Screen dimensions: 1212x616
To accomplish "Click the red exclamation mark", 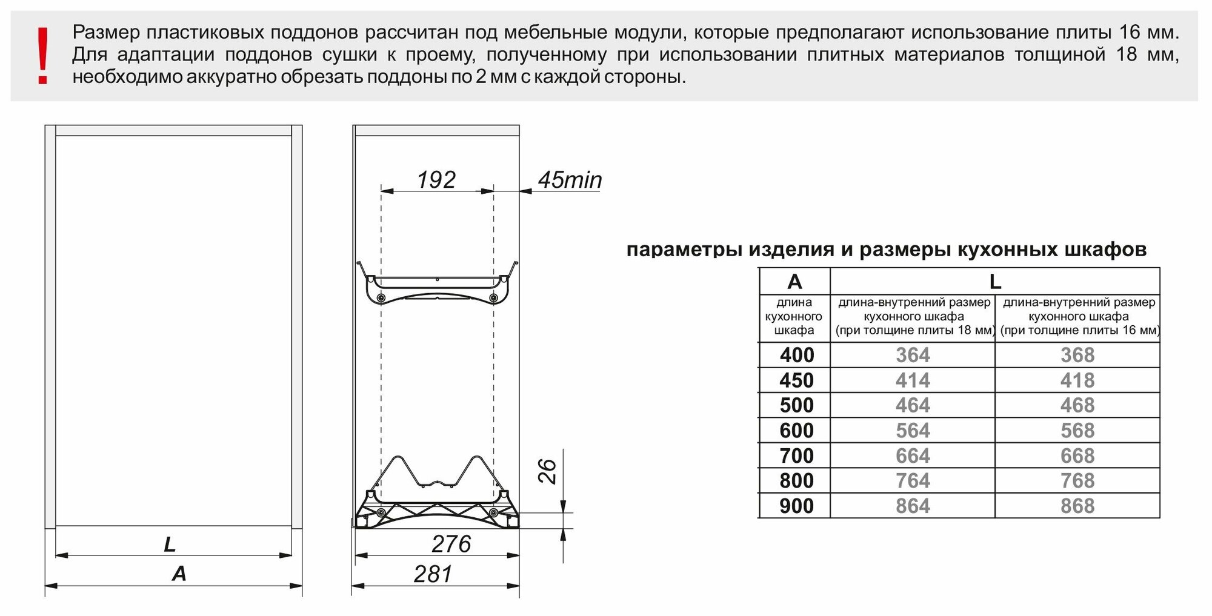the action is pyautogui.click(x=42, y=56).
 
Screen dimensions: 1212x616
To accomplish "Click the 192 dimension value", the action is pyautogui.click(x=436, y=180).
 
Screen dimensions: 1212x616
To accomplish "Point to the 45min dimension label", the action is pyautogui.click(x=570, y=180).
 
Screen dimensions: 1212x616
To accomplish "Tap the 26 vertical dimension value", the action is pyautogui.click(x=547, y=471).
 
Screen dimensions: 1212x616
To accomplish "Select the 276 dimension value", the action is pyautogui.click(x=451, y=544).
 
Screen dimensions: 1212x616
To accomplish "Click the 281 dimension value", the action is pyautogui.click(x=433, y=574).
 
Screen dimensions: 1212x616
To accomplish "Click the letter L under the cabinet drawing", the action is pyautogui.click(x=170, y=545).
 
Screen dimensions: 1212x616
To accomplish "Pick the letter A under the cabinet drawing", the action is pyautogui.click(x=179, y=574).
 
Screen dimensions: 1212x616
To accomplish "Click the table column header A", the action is pyautogui.click(x=794, y=282).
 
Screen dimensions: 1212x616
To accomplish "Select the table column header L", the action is pyautogui.click(x=994, y=282).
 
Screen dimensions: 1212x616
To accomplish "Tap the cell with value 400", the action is pyautogui.click(x=796, y=355).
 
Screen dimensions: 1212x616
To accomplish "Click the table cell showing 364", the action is pyautogui.click(x=913, y=355).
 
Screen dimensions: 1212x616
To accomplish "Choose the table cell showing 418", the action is pyautogui.click(x=1077, y=380).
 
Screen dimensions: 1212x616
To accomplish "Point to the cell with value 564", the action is pyautogui.click(x=913, y=431).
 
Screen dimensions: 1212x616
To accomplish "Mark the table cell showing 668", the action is pyautogui.click(x=1077, y=456).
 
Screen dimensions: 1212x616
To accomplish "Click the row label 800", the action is pyautogui.click(x=796, y=481).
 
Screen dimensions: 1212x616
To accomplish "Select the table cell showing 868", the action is pyautogui.click(x=1077, y=506).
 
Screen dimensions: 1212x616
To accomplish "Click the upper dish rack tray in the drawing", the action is pyautogui.click(x=436, y=287).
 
